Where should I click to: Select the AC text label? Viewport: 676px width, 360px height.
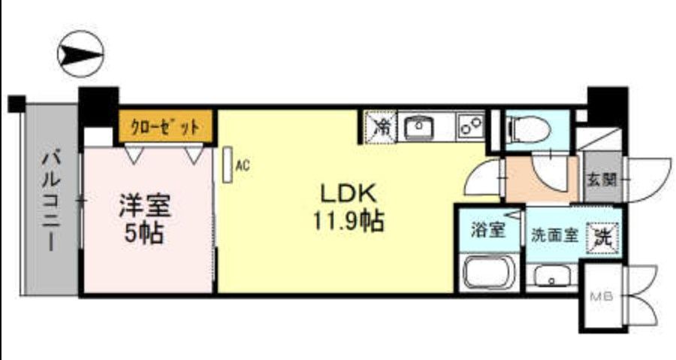(x=242, y=164)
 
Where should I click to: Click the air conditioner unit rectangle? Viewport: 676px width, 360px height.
(x=227, y=164)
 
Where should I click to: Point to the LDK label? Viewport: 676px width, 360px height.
(x=348, y=193)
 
